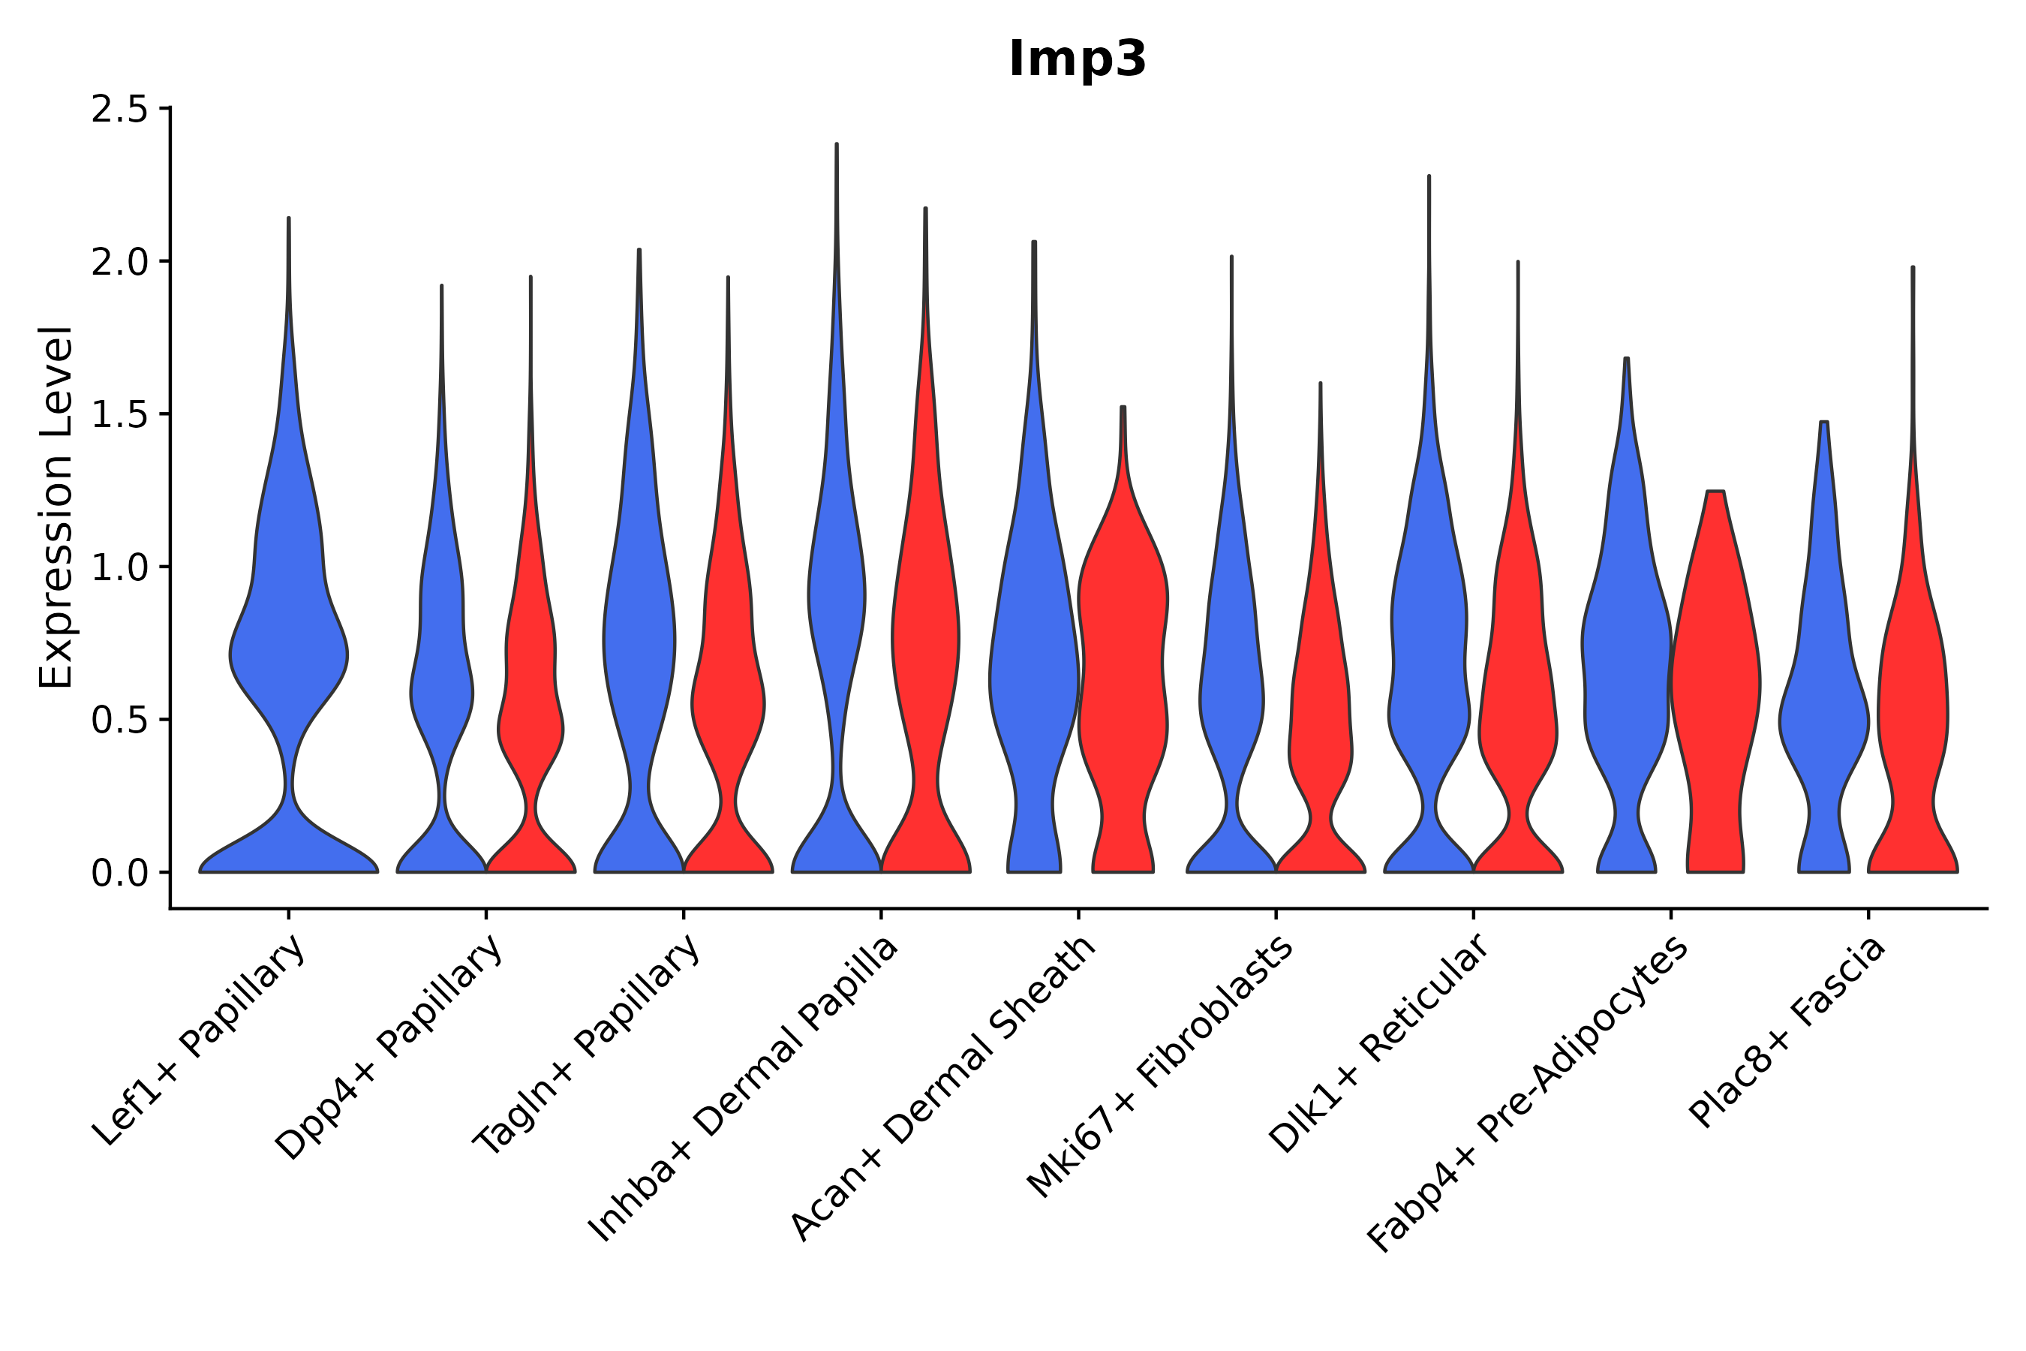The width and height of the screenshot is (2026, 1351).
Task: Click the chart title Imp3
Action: coord(1077,60)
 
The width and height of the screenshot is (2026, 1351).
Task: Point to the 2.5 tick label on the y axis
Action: coord(119,110)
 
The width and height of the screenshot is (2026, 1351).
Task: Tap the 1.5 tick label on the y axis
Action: coord(119,415)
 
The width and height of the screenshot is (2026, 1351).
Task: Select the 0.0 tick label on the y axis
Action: coord(119,874)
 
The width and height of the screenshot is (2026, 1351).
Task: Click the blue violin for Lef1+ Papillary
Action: coord(289,654)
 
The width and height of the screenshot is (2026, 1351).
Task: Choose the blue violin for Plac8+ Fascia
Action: coord(1823,715)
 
